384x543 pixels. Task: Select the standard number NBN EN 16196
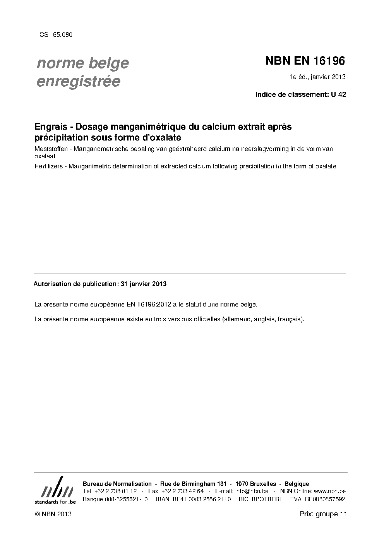tap(305, 61)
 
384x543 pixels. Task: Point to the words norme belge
tap(82, 63)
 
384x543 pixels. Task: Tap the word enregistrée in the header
tap(78, 81)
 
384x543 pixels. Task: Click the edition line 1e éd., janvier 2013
tap(317, 77)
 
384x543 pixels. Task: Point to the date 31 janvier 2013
tap(144, 284)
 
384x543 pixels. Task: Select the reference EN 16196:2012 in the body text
tap(149, 305)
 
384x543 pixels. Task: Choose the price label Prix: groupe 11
tap(323, 514)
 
